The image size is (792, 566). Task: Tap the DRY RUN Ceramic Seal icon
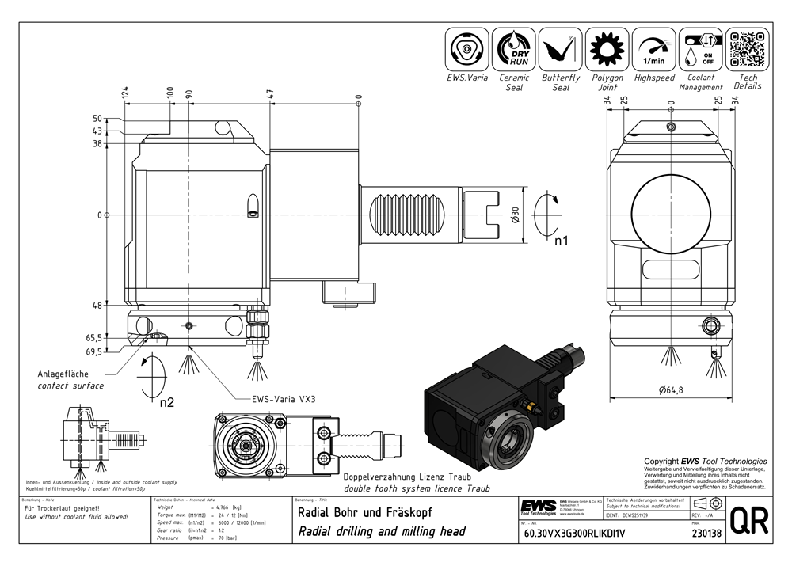[x=514, y=50]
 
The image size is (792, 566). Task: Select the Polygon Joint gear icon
[x=607, y=50]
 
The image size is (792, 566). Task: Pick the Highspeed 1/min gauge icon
[x=654, y=50]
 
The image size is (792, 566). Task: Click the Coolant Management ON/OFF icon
[x=701, y=50]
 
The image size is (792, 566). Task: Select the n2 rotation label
[x=167, y=401]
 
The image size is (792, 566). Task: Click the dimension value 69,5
[x=94, y=351]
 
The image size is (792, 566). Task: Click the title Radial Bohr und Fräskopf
[x=364, y=511]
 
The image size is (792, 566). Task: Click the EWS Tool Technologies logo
[x=538, y=507]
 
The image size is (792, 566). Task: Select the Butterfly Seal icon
[x=561, y=50]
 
